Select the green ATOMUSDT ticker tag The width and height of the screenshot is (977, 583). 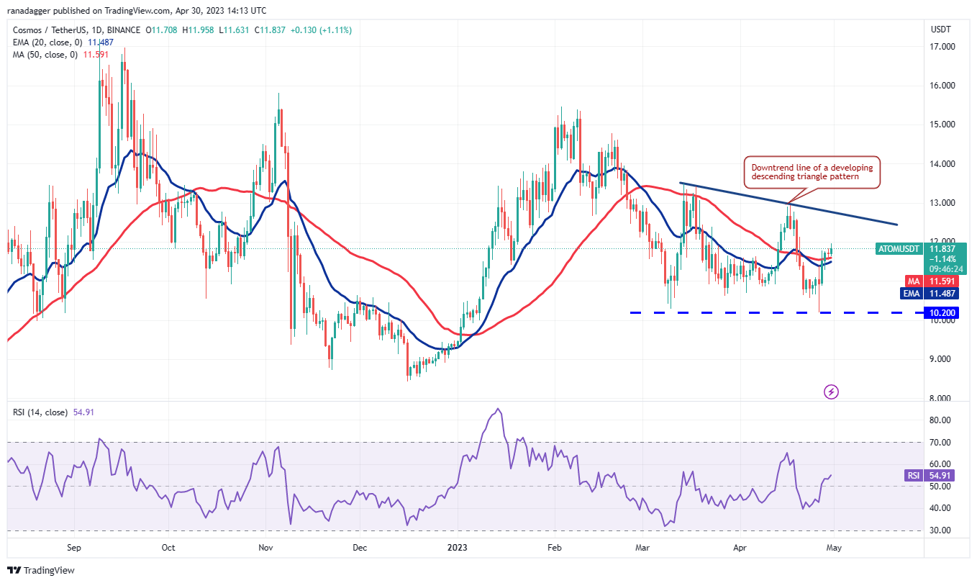[x=899, y=249]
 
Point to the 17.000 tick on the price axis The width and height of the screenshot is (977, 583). [x=942, y=47]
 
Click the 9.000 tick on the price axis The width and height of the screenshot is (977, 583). [x=942, y=359]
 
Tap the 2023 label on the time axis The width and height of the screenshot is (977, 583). [x=458, y=548]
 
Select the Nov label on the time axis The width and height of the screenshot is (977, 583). [x=265, y=548]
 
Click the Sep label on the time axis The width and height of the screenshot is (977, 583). [x=73, y=548]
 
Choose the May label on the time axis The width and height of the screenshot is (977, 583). [x=833, y=548]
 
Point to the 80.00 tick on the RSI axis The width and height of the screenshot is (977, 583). [x=942, y=420]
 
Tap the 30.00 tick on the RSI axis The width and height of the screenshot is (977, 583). [x=942, y=530]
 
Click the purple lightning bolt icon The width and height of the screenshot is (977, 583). [x=831, y=392]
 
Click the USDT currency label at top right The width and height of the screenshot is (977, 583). [x=940, y=30]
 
